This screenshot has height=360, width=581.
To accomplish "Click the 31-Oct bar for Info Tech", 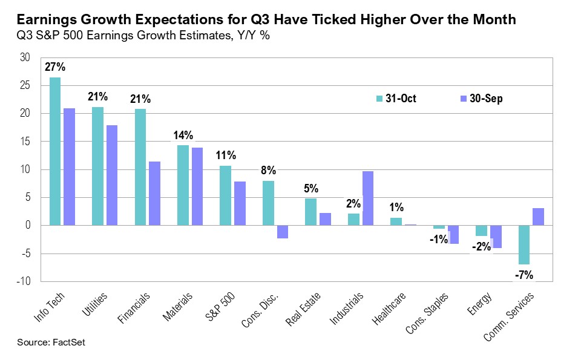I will [x=54, y=151].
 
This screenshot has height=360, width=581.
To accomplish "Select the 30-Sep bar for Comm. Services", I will [x=538, y=217].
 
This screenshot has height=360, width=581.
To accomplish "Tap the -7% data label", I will [x=524, y=275].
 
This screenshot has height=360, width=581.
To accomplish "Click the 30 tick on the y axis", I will [x=25, y=57].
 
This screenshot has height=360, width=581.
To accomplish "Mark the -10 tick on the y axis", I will [x=23, y=281].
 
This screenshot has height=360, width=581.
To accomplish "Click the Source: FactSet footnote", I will [x=52, y=342].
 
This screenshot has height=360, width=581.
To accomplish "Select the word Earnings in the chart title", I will [x=45, y=20].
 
